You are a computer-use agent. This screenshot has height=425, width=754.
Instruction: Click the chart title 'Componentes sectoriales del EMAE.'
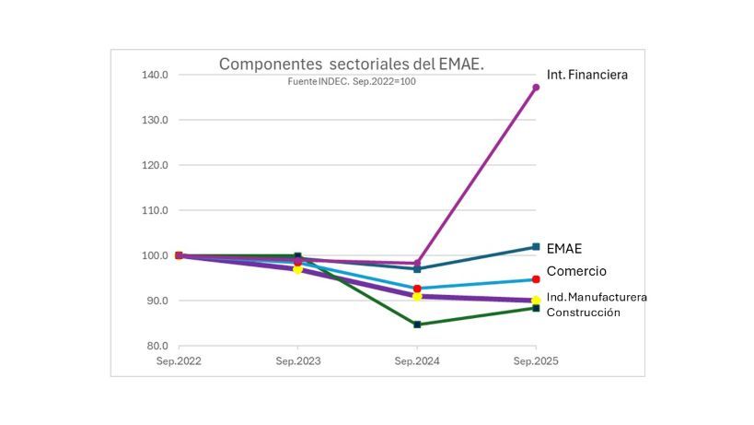point(351,65)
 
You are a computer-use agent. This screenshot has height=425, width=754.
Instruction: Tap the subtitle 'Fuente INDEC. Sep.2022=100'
point(352,81)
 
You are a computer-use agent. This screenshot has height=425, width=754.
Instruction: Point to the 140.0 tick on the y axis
point(154,75)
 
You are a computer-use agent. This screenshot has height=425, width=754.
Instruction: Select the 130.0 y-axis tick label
point(154,120)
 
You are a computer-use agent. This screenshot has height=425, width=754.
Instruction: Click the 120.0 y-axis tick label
point(154,165)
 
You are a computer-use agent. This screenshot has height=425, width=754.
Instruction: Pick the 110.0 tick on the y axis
point(154,210)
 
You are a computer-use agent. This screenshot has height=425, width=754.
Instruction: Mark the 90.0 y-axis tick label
point(156,301)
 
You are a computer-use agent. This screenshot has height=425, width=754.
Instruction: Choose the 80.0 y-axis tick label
point(156,346)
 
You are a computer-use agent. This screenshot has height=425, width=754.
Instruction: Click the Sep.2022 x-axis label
point(179,360)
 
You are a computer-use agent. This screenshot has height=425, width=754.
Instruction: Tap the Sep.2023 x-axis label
point(298,360)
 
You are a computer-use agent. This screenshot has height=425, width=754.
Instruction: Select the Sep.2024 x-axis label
point(417,360)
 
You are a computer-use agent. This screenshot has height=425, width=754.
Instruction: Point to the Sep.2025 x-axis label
point(536,360)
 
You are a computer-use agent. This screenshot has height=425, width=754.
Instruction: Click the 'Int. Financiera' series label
point(586,75)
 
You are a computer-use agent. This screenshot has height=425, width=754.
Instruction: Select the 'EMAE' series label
point(564,249)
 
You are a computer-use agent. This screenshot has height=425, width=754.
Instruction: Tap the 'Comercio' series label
point(576,271)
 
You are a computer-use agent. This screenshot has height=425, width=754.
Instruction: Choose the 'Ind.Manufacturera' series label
point(597,297)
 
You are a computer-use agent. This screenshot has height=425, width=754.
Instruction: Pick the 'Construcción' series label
point(584,313)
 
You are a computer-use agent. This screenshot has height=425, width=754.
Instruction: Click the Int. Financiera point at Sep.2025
point(536,88)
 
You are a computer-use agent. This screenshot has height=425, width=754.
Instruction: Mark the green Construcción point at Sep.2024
point(417,325)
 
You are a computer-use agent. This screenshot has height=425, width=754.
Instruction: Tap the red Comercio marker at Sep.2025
point(536,279)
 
